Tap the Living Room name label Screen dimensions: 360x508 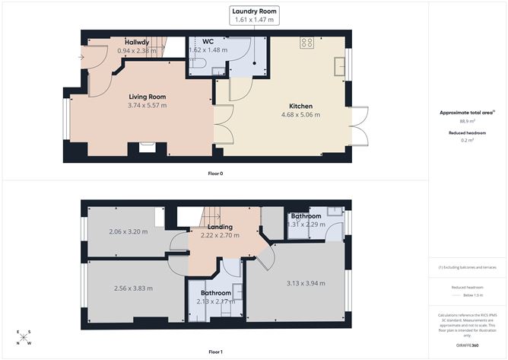coord(148,96)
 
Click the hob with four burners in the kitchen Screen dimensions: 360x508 coord(308,43)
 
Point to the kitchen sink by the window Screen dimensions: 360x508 coord(338,67)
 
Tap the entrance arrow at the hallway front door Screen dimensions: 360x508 coord(81,56)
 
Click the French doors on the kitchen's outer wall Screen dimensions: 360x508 coord(361,126)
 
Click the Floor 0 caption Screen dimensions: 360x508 coord(215,174)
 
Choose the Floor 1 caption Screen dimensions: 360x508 coord(215,352)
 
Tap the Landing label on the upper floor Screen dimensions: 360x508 coord(220,227)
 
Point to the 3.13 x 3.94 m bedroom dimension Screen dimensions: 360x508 coord(306,284)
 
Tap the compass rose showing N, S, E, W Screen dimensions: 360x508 coord(24,338)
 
